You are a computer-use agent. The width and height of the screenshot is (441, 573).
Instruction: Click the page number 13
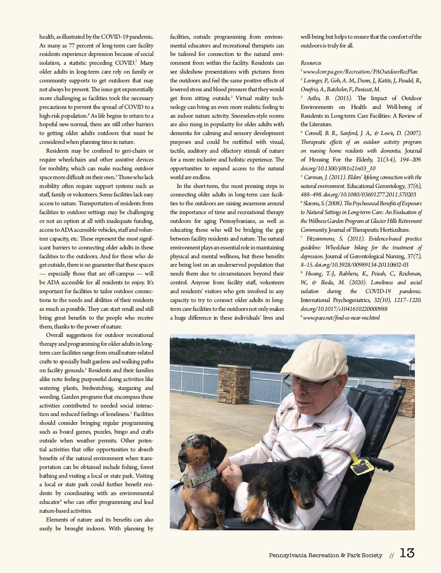pyautogui.click(x=407, y=553)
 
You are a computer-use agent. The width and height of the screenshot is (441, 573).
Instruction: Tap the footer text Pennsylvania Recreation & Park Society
pyautogui.click(x=325, y=555)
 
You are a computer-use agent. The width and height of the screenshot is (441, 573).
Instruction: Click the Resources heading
pyautogui.click(x=311, y=63)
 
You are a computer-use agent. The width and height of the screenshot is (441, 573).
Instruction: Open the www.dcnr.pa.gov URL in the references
pyautogui.click(x=360, y=72)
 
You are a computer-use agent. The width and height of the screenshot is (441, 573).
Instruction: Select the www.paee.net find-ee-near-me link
pyautogui.click(x=341, y=318)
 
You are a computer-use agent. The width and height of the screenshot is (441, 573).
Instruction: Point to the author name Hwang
pyautogui.click(x=313, y=274)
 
